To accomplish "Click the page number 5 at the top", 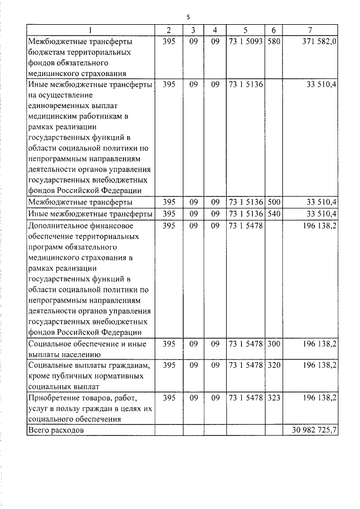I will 188,17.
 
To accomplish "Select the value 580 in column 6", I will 273,42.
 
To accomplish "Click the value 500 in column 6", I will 273,201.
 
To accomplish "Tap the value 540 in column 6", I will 273,214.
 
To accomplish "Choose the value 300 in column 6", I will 273,343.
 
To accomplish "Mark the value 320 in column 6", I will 273,366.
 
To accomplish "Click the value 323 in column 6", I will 273,398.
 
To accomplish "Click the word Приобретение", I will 54,398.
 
